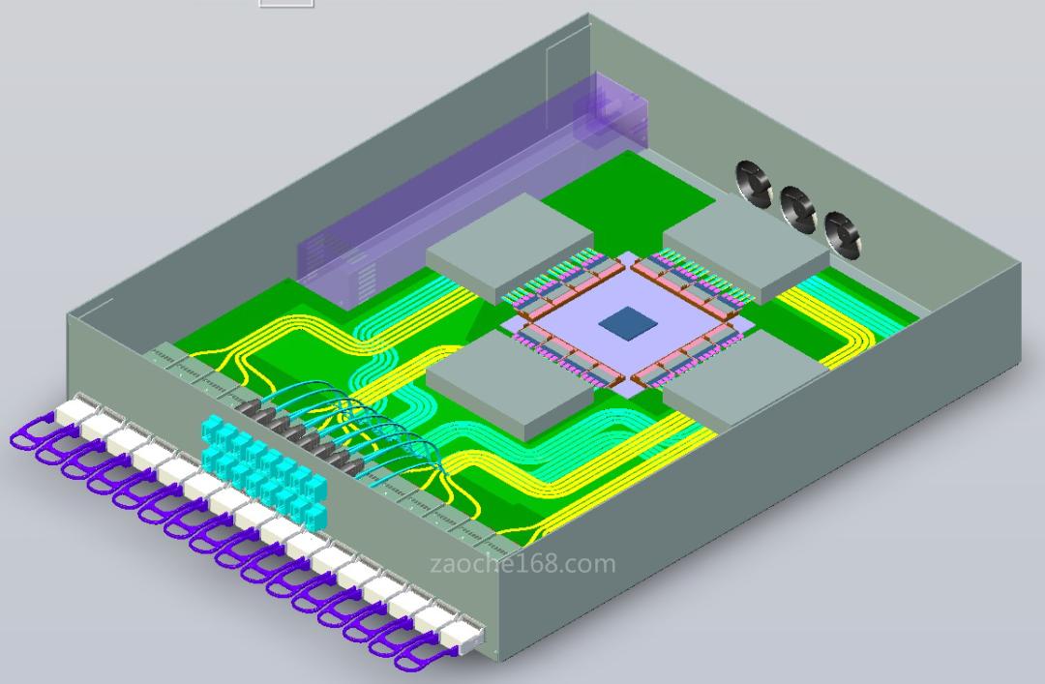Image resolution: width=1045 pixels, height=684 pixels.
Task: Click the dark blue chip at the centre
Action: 629,324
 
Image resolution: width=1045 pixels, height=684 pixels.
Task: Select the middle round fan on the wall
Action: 797,209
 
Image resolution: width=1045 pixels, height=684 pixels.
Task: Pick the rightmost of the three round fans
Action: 842,235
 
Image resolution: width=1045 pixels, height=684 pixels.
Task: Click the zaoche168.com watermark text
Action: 523,564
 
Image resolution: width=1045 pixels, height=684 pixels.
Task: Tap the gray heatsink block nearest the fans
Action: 746,248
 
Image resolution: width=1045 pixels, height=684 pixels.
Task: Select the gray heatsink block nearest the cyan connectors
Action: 510,384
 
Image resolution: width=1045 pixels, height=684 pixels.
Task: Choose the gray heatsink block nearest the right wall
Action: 746,381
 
